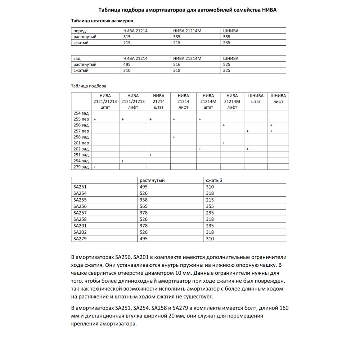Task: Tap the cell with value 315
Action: click(x=127, y=37)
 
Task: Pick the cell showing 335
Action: click(x=177, y=37)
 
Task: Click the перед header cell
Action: click(x=80, y=31)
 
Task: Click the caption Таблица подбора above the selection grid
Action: click(x=89, y=86)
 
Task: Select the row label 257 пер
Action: click(x=81, y=131)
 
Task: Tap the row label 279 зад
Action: click(x=81, y=167)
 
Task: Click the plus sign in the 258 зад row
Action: click(x=174, y=137)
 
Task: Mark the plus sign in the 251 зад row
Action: click(x=150, y=155)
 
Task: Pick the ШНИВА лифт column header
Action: click(x=278, y=99)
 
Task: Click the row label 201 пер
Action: click(x=81, y=143)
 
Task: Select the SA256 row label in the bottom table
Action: click(x=80, y=206)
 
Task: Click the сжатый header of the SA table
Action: click(x=214, y=180)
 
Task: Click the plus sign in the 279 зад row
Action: click(x=95, y=167)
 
